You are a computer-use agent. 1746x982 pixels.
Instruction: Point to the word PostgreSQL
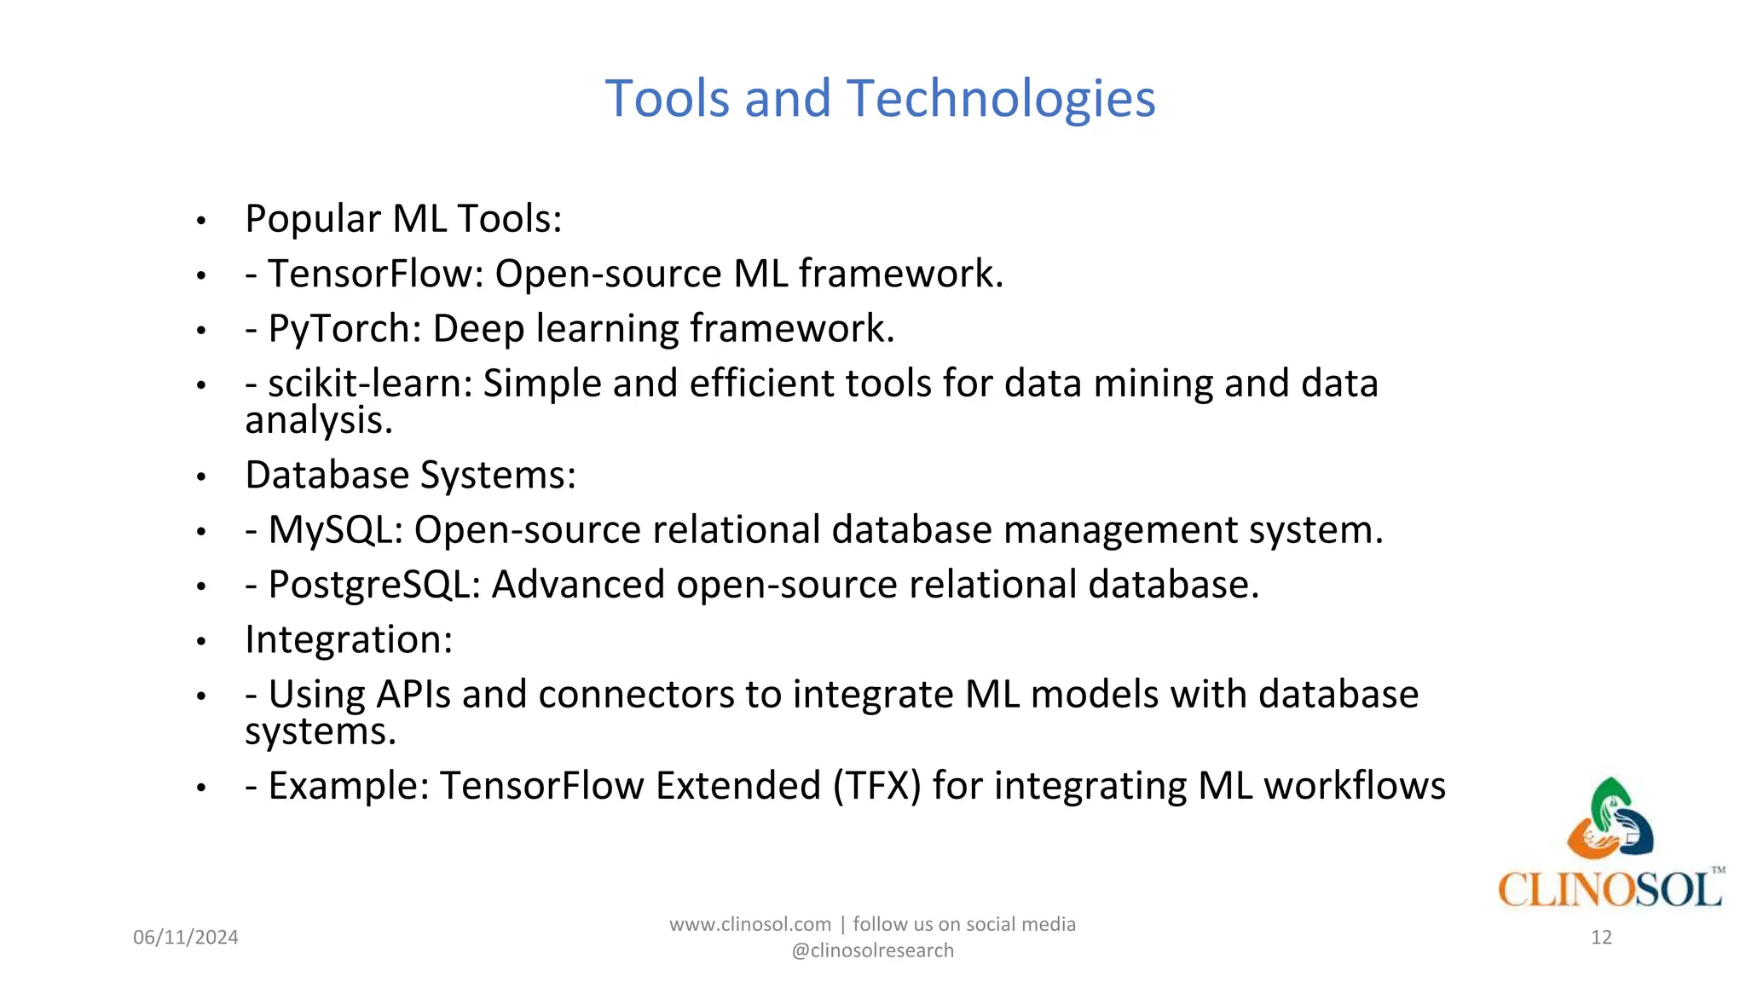[x=374, y=586]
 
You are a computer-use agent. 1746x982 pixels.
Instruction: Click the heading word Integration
[x=348, y=639]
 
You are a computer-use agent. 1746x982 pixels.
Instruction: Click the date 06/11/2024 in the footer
[x=186, y=938]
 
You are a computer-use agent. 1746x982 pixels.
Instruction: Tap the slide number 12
[x=1601, y=938]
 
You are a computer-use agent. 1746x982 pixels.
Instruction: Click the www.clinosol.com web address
[x=749, y=925]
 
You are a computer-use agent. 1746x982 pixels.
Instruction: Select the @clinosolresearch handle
[x=872, y=951]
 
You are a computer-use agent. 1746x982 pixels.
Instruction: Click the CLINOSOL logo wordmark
[x=1610, y=890]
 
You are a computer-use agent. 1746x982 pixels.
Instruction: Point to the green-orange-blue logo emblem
[x=1610, y=818]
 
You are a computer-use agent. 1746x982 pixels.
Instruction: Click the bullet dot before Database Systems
[x=201, y=477]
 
